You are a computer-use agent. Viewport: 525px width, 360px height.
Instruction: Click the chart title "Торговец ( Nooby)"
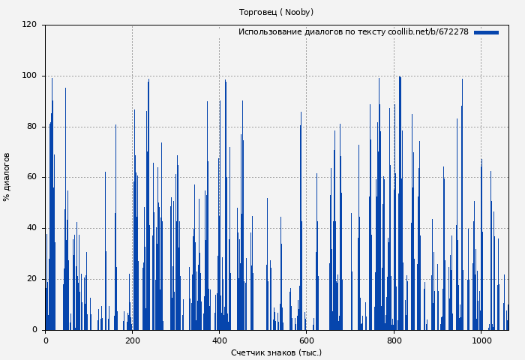pos(276,12)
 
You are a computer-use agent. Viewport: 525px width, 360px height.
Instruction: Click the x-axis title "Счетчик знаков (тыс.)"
pos(276,352)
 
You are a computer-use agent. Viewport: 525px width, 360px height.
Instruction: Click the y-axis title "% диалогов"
pos(7,177)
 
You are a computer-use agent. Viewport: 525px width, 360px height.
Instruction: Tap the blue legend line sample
pos(486,32)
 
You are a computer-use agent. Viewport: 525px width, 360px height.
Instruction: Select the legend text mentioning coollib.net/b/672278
pos(353,32)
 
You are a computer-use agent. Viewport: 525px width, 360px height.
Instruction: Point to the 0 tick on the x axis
pos(45,340)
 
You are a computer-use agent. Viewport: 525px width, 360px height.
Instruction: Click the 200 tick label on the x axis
pos(132,340)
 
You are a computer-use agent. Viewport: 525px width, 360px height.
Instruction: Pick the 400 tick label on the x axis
pos(219,340)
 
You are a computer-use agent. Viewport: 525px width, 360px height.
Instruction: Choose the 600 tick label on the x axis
pos(306,340)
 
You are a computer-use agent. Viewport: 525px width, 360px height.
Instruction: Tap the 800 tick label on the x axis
pos(394,340)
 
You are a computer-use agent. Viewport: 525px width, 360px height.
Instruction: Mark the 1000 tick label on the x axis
pos(481,340)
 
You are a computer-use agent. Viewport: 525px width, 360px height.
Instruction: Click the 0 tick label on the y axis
pos(34,330)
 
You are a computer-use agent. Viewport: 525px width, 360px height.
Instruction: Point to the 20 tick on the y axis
pos(32,279)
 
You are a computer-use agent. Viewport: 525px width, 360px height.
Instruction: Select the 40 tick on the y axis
pos(32,228)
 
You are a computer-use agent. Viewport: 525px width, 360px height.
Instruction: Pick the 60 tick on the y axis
pos(32,177)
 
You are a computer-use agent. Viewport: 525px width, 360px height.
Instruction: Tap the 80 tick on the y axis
pos(32,126)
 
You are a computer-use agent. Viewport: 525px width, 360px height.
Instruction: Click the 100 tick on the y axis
pos(30,75)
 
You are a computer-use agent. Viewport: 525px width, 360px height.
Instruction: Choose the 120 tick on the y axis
pos(30,25)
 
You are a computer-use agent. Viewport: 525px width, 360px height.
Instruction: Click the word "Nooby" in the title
pos(298,12)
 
